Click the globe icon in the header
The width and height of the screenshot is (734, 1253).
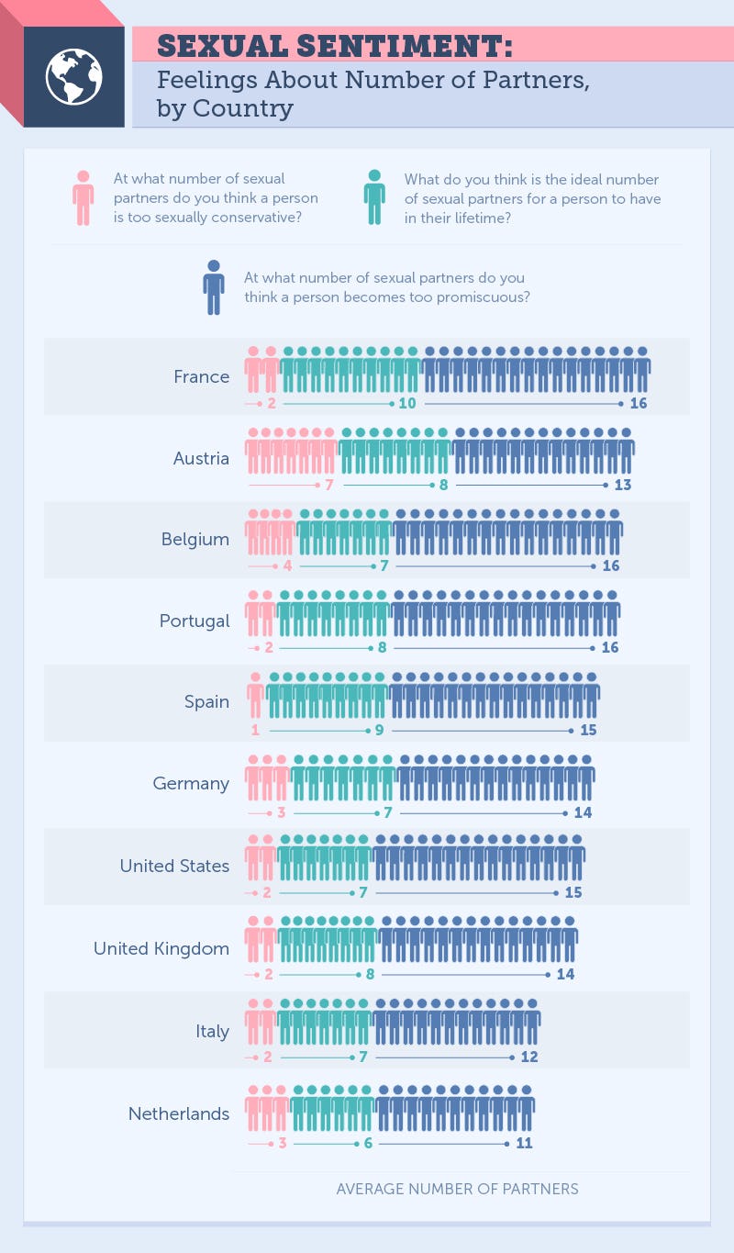(x=73, y=76)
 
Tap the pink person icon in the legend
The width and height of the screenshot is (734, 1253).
(x=83, y=197)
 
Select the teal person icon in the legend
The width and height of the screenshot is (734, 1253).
(x=374, y=197)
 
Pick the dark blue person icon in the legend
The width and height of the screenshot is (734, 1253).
(x=214, y=287)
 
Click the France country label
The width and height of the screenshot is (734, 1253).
(x=202, y=376)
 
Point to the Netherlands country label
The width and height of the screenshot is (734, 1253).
(x=179, y=1113)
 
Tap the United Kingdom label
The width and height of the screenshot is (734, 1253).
(x=161, y=948)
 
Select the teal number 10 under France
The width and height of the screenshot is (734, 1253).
(x=407, y=403)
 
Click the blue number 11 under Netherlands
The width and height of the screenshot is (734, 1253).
(x=524, y=1143)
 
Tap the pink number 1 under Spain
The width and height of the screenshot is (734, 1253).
(x=255, y=730)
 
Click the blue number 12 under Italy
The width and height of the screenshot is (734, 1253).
(x=529, y=1057)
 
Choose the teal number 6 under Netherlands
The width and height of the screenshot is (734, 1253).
(x=369, y=1143)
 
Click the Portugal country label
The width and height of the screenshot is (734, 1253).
(x=195, y=621)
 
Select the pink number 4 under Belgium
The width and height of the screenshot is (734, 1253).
(x=288, y=565)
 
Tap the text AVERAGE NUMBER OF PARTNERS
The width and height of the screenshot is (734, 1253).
(x=457, y=1189)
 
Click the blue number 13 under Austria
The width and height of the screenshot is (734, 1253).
(x=623, y=485)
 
